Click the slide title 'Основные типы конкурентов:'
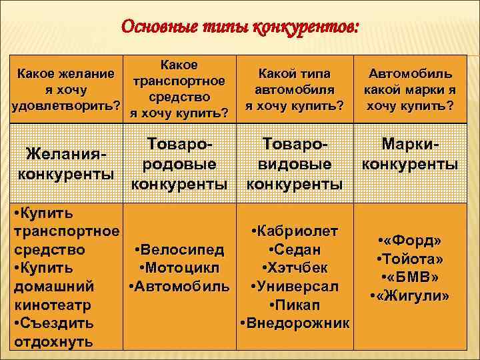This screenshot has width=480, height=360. (239, 27)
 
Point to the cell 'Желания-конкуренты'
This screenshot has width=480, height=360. (65, 163)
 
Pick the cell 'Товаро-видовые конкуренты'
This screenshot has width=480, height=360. (295, 163)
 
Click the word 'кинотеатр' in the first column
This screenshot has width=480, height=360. (52, 305)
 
